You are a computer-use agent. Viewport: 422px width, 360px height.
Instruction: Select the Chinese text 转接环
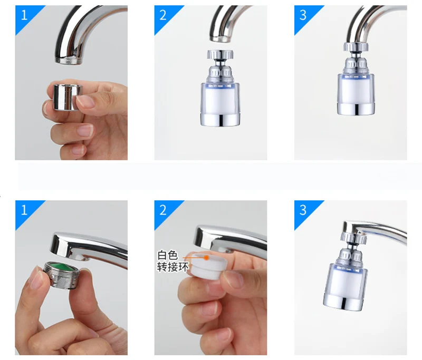(x=172, y=267)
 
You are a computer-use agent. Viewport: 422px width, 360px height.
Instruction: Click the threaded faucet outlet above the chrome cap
(x=69, y=60)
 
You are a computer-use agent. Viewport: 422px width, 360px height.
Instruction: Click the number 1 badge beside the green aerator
(x=24, y=210)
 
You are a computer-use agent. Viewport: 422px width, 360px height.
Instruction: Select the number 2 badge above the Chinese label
(x=163, y=210)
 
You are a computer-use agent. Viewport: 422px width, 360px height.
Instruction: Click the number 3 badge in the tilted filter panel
(x=303, y=210)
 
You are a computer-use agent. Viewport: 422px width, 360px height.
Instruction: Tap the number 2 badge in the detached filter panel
(x=163, y=15)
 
